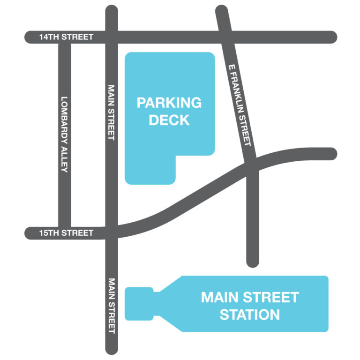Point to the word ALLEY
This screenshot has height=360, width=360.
(x=64, y=161)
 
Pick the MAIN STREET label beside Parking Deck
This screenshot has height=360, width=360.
(x=111, y=112)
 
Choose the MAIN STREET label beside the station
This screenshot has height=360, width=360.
(x=111, y=306)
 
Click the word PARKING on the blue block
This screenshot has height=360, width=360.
(x=169, y=103)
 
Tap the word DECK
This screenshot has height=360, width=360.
(x=169, y=120)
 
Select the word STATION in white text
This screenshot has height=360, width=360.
(x=249, y=314)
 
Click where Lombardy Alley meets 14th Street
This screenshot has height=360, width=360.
(x=64, y=37)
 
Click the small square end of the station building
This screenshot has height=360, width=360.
(x=139, y=304)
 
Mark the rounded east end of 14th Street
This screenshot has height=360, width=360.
(x=332, y=37)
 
